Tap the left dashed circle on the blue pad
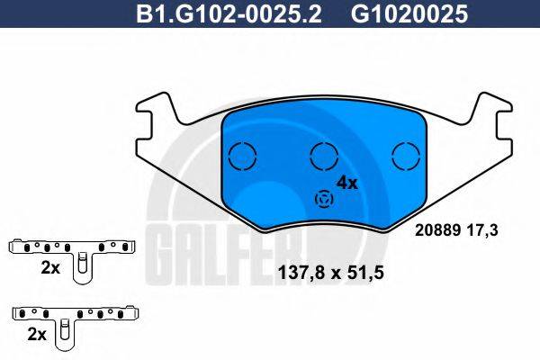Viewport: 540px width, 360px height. (242, 156)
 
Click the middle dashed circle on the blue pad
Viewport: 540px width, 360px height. (324, 156)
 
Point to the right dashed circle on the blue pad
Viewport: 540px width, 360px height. (407, 156)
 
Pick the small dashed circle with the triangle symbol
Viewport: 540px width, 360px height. (322, 200)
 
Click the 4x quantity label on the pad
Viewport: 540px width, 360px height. (346, 183)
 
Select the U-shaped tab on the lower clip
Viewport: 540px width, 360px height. (65, 333)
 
